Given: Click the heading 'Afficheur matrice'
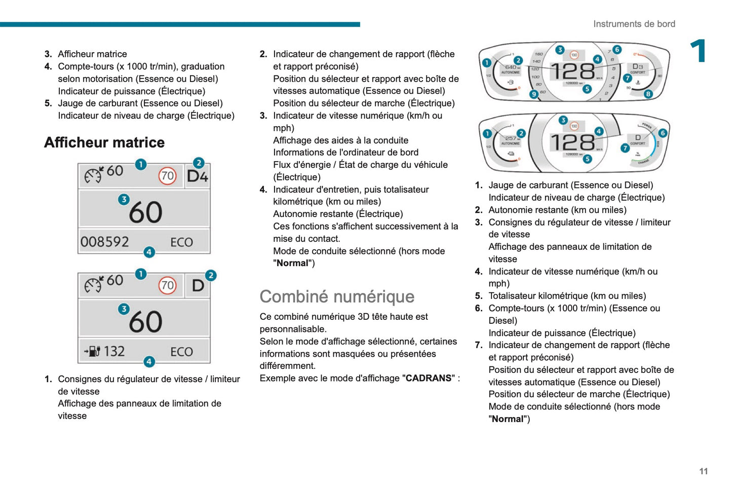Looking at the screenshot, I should pos(104,142).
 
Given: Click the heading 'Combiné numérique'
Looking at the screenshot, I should pos(337,296).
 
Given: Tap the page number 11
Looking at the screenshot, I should pos(703,471).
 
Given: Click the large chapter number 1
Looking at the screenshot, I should pos(699,51).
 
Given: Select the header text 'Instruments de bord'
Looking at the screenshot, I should pos(634,24).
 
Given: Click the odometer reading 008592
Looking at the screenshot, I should pos(105,242).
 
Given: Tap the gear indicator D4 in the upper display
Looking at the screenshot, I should pos(198,176).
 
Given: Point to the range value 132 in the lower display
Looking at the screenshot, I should pos(114,351).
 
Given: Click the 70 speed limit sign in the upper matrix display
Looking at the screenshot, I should pos(167,176).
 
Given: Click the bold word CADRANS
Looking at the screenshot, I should pos(429,378).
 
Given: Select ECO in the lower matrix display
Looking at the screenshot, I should pos(181,352).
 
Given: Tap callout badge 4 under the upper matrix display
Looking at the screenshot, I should pos(149,252).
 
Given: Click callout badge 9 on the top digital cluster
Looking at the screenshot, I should pos(534,94).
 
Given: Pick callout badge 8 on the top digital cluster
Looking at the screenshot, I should pos(648,94).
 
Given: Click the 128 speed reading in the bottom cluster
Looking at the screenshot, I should pos(572,142).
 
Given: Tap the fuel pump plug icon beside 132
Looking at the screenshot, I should pos(93,351).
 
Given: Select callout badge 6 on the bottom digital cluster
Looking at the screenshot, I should pos(663,133).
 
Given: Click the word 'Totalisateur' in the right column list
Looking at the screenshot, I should pos(512,296).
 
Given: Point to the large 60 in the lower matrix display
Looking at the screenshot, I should pos(146,322).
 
